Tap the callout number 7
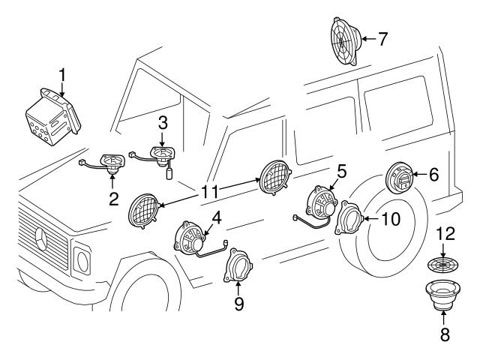pos(382,37)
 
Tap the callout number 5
pos(341,171)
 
